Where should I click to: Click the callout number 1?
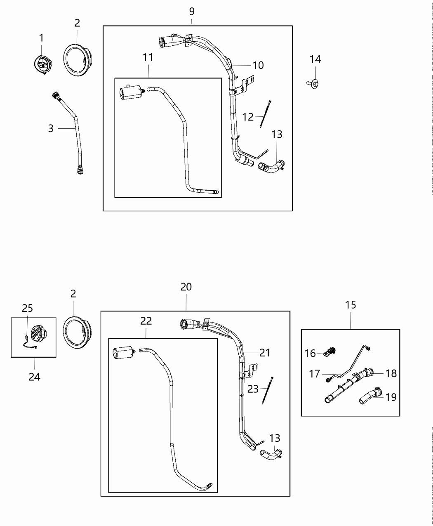point(41,38)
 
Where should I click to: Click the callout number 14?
point(315,59)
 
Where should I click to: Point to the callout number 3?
point(51,128)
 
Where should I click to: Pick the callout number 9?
point(192,12)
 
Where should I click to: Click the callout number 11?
point(148,58)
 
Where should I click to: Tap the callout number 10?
point(258,65)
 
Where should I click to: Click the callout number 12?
point(248,117)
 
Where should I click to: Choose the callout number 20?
point(186,287)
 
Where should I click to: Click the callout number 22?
point(146,321)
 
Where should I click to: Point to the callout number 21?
point(264,352)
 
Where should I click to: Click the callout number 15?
point(351,305)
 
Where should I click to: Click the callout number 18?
point(391,373)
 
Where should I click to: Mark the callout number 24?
point(34,377)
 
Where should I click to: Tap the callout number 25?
point(28,309)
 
